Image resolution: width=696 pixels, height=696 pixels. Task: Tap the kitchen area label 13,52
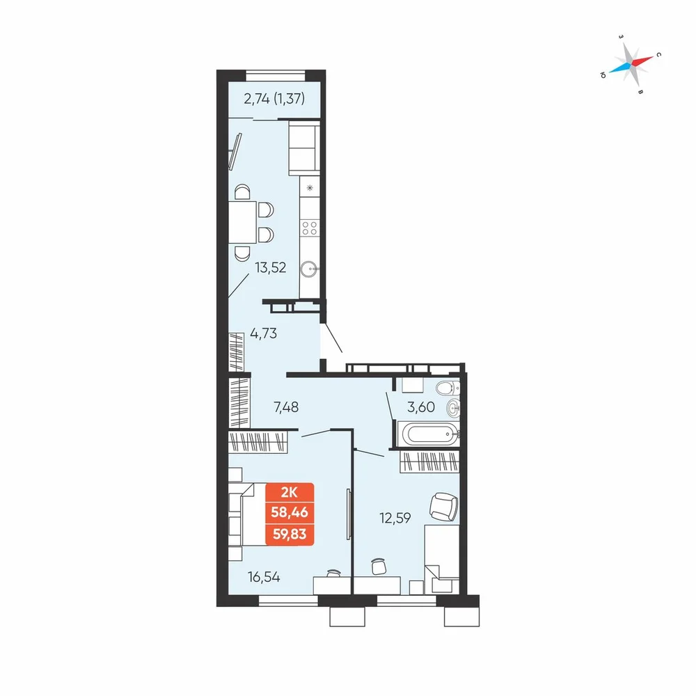pyautogui.click(x=270, y=268)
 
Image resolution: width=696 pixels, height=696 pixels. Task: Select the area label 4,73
pyautogui.click(x=264, y=333)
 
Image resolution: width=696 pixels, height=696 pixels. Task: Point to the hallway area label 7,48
pyautogui.click(x=286, y=406)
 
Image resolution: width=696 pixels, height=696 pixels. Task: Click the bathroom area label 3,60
pyautogui.click(x=421, y=406)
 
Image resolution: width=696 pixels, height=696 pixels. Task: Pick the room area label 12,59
pyautogui.click(x=395, y=518)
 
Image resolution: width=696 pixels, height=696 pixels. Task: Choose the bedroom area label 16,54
pyautogui.click(x=264, y=577)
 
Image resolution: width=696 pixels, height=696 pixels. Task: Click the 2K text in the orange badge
pyautogui.click(x=290, y=492)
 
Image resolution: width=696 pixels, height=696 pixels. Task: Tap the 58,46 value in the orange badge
pyautogui.click(x=290, y=512)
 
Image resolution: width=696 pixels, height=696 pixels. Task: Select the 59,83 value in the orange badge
pyautogui.click(x=290, y=534)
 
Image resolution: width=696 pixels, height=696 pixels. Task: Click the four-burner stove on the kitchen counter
pyautogui.click(x=310, y=228)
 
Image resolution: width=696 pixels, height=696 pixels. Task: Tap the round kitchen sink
pyautogui.click(x=308, y=269)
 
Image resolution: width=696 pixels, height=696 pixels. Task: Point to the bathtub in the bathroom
pyautogui.click(x=428, y=433)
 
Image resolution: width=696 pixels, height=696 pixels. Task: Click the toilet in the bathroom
pyautogui.click(x=447, y=388)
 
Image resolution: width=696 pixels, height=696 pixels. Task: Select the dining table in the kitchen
pyautogui.click(x=242, y=222)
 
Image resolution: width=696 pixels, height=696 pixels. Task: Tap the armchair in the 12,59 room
pyautogui.click(x=444, y=507)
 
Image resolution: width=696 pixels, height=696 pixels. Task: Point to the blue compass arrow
pyautogui.click(x=619, y=68)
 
